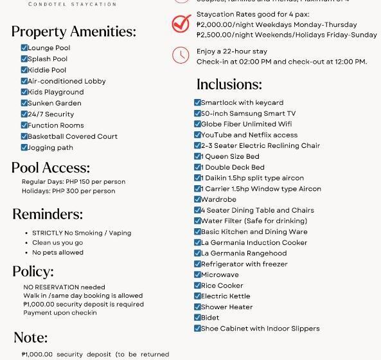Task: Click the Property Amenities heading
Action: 74,32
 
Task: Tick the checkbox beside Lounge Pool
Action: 24,48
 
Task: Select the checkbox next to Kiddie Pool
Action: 24,69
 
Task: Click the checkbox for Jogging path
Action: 24,147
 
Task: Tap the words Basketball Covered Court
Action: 73,136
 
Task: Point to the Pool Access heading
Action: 51,168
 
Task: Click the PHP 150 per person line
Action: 73,181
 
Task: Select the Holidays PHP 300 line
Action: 68,191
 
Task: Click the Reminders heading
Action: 48,214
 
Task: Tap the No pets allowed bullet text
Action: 58,253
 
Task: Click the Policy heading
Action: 33,271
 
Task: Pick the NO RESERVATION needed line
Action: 64,287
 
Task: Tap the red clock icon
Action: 181,55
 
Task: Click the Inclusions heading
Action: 229,84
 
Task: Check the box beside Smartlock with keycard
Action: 198,102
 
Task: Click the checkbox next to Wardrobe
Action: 198,199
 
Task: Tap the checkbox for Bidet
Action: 198,318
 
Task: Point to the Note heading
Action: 31,337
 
